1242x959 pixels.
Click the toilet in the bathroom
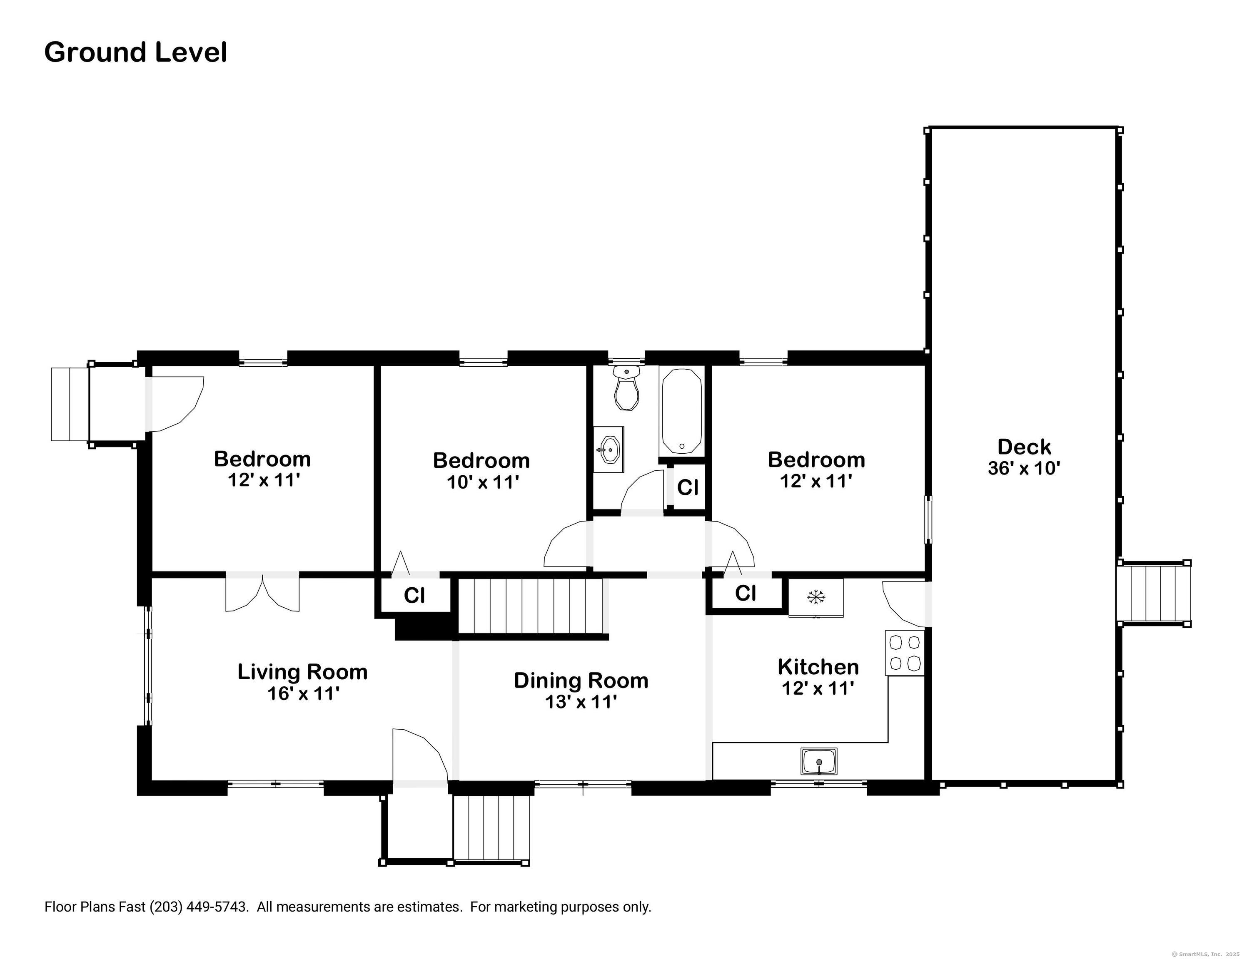pos(627,390)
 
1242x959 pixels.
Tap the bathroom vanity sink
pos(609,450)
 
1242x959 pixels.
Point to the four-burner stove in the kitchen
pos(904,653)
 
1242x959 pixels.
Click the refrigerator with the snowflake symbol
pos(816,597)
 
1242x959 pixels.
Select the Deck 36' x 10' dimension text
pos(1024,468)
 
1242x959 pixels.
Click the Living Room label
pos(302,672)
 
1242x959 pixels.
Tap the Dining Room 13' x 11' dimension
pos(581,702)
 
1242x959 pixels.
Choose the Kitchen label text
pos(818,666)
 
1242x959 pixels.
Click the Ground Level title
pos(135,52)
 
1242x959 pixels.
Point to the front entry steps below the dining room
pos(491,827)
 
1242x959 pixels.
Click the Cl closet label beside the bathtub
pos(688,487)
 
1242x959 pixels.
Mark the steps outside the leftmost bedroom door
pos(70,404)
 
